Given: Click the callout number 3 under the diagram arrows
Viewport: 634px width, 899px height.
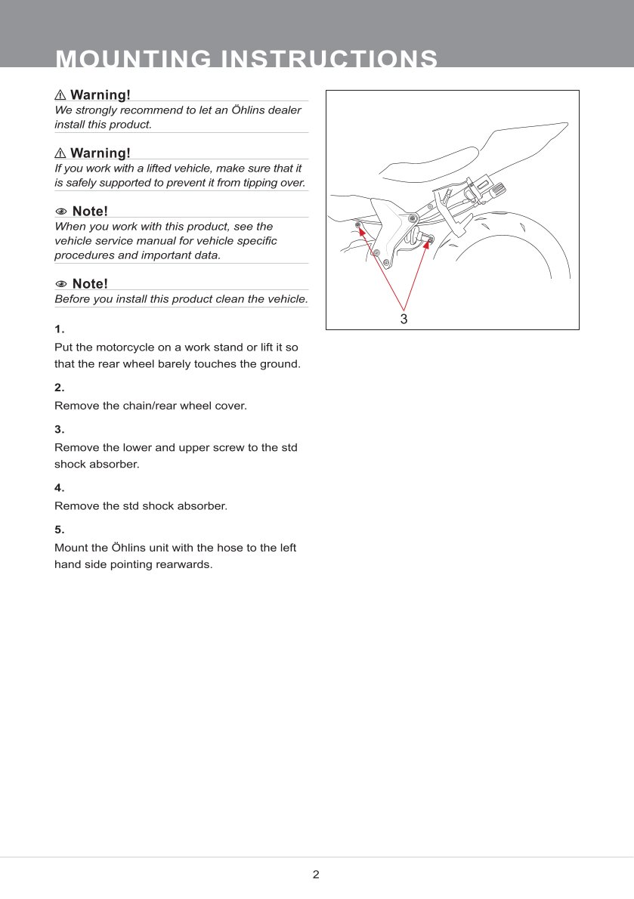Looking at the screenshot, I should pos(404,319).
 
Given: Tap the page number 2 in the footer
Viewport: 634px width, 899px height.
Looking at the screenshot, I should pos(316,875).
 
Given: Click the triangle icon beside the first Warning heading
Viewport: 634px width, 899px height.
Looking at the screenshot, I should pos(60,95).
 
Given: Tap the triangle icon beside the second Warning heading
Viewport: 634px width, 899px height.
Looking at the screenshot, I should pos(60,154).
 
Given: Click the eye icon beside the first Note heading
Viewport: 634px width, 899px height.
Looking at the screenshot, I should pos(61,211).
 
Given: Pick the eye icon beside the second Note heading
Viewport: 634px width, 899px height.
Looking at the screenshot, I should pos(61,284).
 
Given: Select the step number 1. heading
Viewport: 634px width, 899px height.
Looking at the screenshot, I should pos(60,329).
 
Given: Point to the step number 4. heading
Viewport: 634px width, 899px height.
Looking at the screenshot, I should pos(60,487).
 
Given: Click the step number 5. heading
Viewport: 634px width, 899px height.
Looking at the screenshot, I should pos(60,529).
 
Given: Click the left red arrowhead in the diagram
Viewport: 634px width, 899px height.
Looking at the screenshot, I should pos(361,230).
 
